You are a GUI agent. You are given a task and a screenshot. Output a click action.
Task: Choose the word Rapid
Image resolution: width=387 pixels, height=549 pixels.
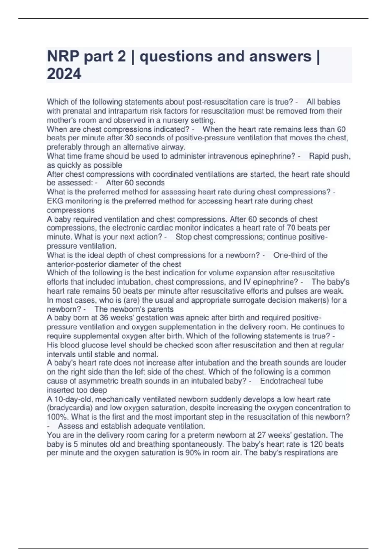(321, 156)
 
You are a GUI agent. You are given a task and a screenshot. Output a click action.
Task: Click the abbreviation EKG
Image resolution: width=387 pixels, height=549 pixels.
(55, 201)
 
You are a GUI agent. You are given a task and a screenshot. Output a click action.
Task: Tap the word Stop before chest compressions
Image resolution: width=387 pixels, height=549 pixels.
(184, 237)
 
